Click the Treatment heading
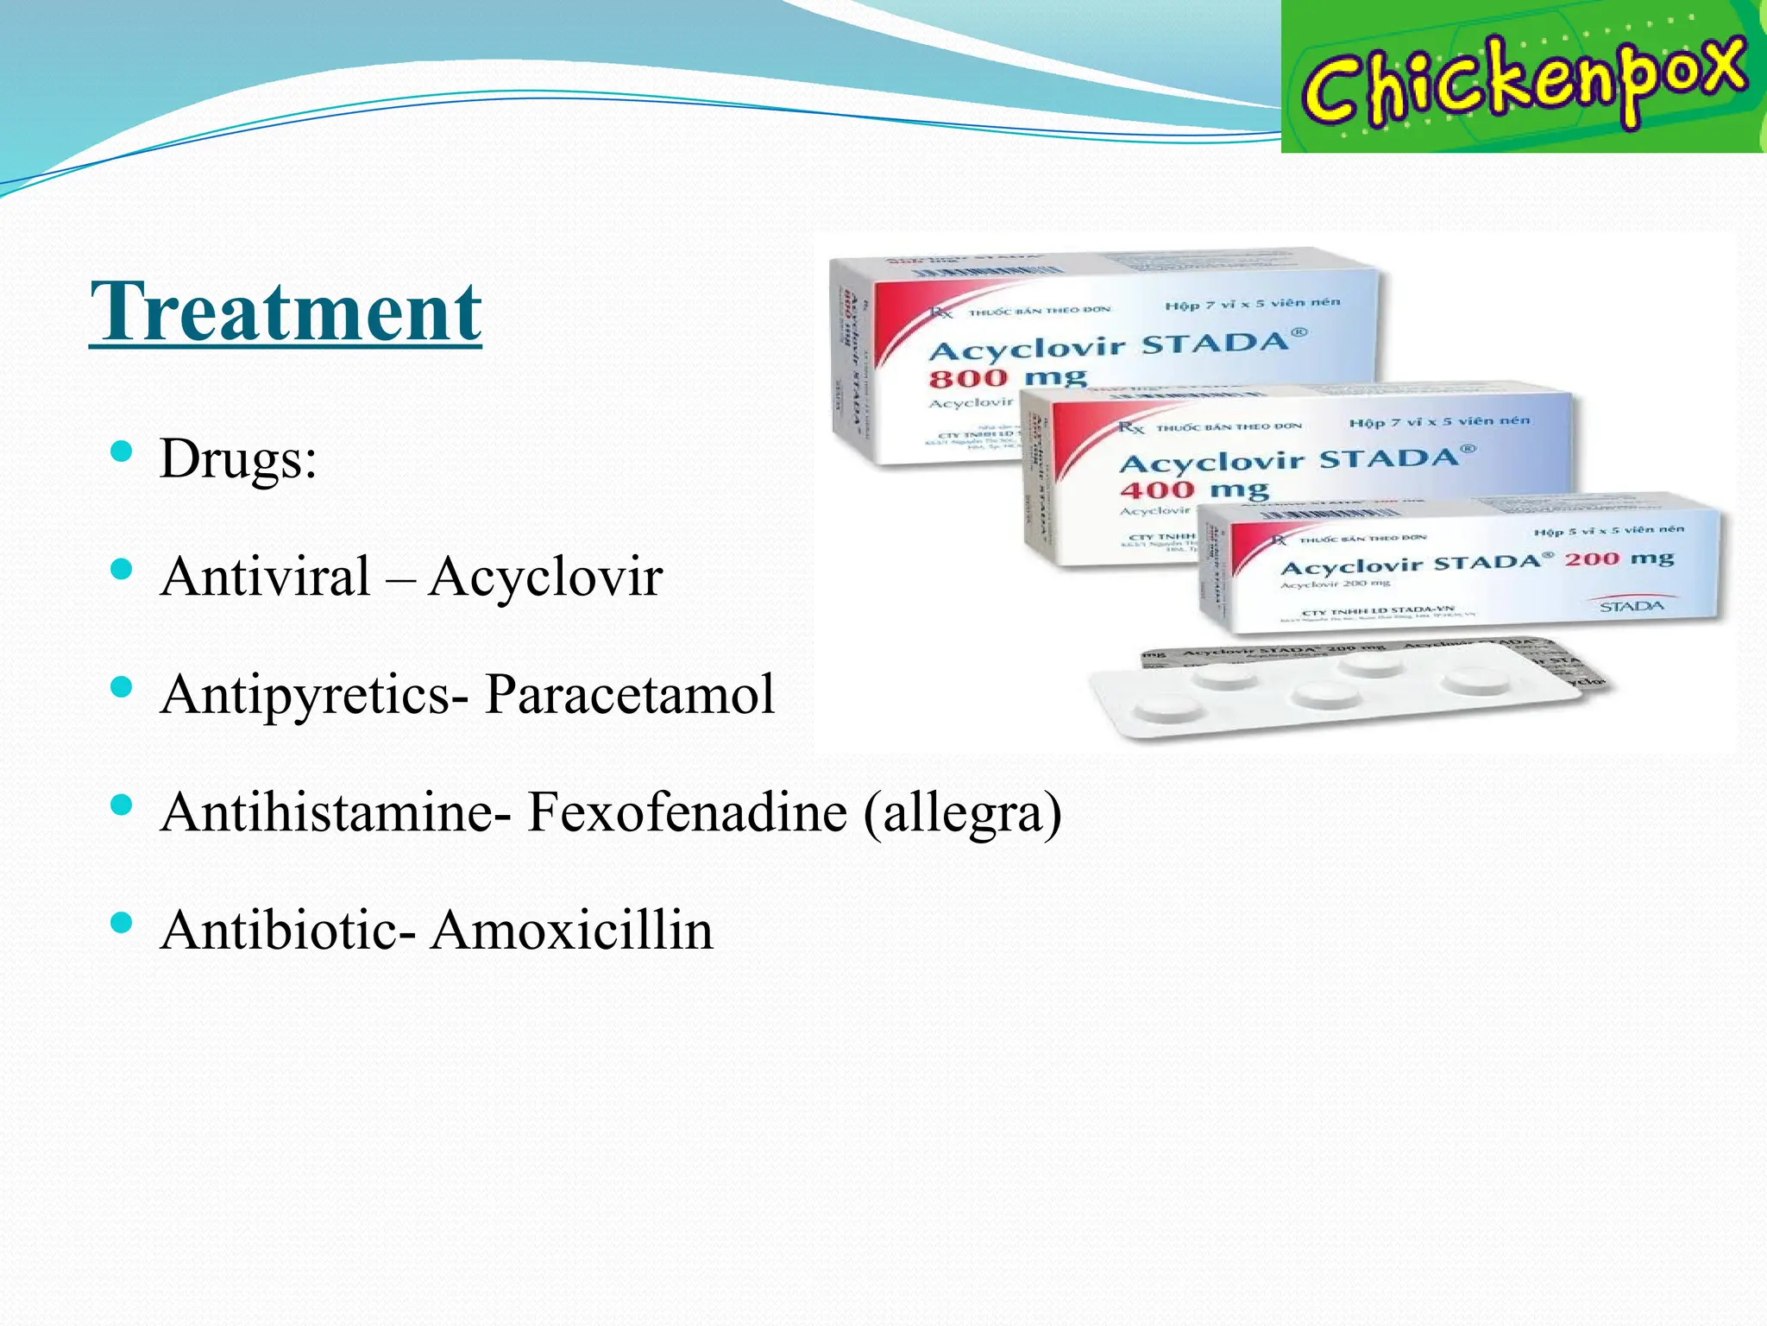[x=286, y=312]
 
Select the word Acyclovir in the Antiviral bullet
[x=545, y=577]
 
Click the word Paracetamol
[x=630, y=694]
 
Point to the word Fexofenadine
[x=687, y=812]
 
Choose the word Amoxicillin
[x=572, y=931]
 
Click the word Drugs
[x=237, y=458]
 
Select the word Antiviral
[x=266, y=577]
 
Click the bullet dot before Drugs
[x=122, y=451]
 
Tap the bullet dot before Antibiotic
[x=122, y=923]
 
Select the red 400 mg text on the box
[x=1194, y=489]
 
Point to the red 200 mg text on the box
[x=1619, y=559]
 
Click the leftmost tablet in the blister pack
[x=1167, y=710]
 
